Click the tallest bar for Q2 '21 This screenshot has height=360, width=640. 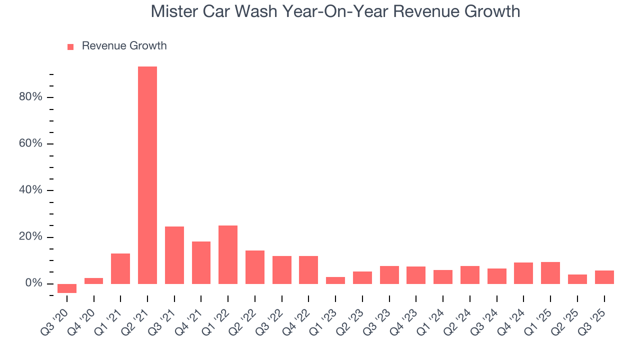[147, 175]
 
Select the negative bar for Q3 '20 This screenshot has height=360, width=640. [67, 288]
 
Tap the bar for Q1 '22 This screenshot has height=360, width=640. [228, 254]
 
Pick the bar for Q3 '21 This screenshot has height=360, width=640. [174, 255]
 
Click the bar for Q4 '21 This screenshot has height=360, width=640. [201, 262]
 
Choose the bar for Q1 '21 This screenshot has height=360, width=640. [120, 268]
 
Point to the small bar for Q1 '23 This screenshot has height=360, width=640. [335, 280]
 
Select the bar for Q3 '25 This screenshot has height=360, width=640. [604, 277]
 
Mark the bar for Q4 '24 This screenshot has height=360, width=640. [523, 273]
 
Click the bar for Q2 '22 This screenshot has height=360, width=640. [255, 267]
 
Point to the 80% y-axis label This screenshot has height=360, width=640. [30, 97]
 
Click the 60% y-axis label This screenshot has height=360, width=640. [30, 144]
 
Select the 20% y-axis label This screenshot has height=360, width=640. [30, 237]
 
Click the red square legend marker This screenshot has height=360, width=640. [70, 46]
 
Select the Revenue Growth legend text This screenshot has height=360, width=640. [124, 46]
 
